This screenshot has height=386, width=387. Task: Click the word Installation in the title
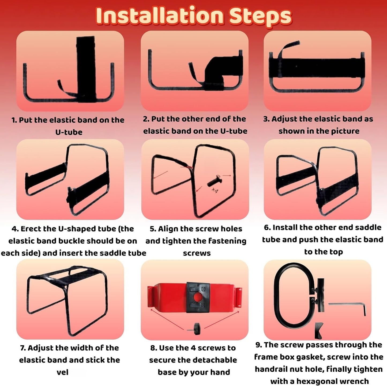[160, 16]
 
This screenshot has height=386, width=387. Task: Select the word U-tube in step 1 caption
[69, 132]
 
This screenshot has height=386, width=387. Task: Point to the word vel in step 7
[62, 372]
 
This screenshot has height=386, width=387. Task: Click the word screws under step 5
[197, 253]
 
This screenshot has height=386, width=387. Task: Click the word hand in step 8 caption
[220, 372]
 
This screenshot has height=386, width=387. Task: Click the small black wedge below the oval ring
[319, 331]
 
